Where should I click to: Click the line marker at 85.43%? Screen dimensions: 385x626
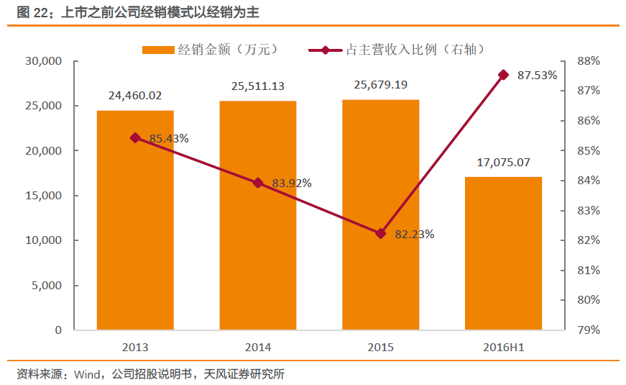point(135,137)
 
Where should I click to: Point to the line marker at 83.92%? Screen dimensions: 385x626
point(258,183)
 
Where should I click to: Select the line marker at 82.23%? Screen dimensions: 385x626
point(381,233)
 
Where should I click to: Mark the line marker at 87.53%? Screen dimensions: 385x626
point(503,75)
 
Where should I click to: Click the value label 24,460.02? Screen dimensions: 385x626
point(135,95)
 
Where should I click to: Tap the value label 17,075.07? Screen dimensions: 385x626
point(503,162)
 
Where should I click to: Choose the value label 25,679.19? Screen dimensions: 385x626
point(381,85)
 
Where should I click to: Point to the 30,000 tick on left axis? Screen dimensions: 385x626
point(45,61)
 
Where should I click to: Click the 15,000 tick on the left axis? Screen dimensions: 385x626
point(45,196)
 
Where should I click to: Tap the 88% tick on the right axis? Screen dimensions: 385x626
point(589,61)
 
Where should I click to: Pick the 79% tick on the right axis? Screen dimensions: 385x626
point(589,330)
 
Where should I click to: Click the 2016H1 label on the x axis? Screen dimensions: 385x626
point(503,348)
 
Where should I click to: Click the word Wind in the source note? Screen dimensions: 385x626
point(86,373)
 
